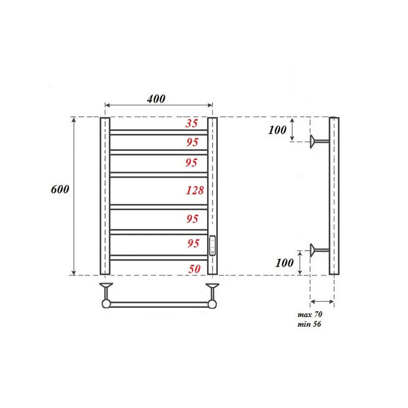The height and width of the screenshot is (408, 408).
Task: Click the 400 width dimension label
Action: tap(156, 99)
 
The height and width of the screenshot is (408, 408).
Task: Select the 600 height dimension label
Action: tap(60, 189)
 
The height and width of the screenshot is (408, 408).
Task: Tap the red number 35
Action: tap(192, 123)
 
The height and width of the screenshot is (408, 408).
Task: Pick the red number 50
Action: tap(193, 269)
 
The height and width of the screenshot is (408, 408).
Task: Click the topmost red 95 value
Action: tap(192, 142)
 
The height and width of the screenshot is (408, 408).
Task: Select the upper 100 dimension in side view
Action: tap(277, 130)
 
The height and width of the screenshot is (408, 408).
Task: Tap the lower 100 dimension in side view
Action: tap(284, 263)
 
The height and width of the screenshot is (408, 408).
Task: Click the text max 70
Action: tap(310, 315)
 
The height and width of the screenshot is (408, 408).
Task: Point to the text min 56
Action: tap(309, 324)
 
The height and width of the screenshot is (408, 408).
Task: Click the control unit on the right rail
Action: tap(213, 245)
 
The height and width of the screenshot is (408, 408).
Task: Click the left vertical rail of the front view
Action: tap(105, 196)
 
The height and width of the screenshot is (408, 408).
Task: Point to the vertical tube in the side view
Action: tap(334, 196)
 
